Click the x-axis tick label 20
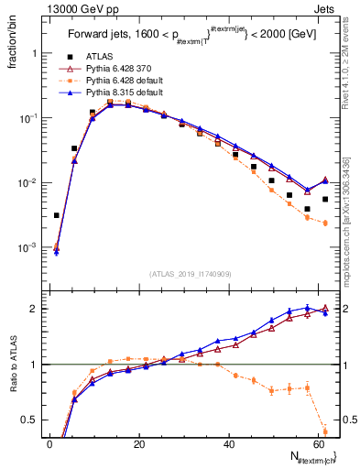tap(139, 444)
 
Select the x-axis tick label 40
tap(228, 444)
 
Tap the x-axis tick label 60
tap(317, 444)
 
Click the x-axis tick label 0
tap(49, 444)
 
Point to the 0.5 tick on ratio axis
tap(31, 420)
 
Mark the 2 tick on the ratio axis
tap(35, 308)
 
